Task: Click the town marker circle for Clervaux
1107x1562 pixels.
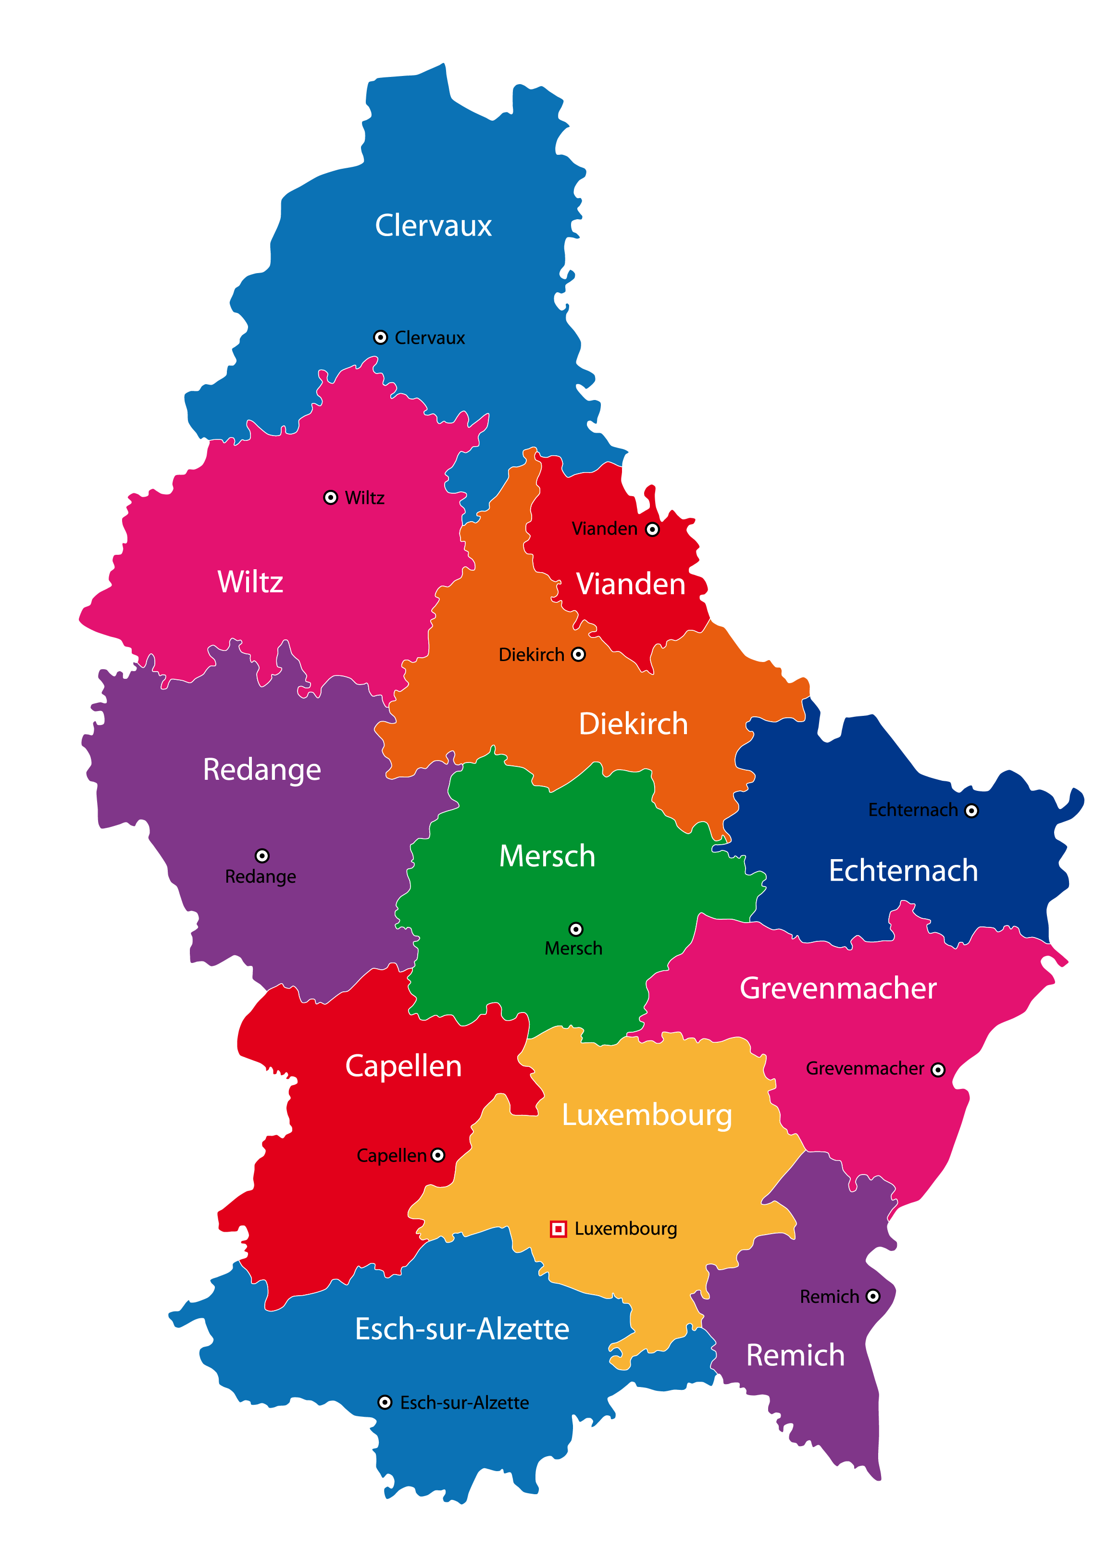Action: pyautogui.click(x=380, y=337)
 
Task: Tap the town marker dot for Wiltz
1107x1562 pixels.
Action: pyautogui.click(x=331, y=498)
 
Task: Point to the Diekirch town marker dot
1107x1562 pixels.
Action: pyautogui.click(x=578, y=654)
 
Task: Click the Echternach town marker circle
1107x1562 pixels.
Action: pyautogui.click(x=971, y=811)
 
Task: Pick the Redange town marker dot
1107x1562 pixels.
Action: pyautogui.click(x=262, y=856)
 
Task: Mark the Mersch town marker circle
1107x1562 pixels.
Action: pyautogui.click(x=576, y=929)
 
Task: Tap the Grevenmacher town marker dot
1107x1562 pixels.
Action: pyautogui.click(x=938, y=1070)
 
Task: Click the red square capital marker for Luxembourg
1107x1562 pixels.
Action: pyautogui.click(x=558, y=1229)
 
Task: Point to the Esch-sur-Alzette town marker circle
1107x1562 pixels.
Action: pyautogui.click(x=385, y=1402)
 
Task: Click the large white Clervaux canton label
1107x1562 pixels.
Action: pyautogui.click(x=434, y=225)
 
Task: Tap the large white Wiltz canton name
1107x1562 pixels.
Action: pyautogui.click(x=250, y=582)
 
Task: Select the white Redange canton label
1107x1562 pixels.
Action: pyautogui.click(x=262, y=770)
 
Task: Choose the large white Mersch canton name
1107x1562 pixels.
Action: pyautogui.click(x=547, y=856)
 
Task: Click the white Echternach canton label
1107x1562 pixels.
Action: pyautogui.click(x=903, y=871)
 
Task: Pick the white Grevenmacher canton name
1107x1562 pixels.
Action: pyautogui.click(x=838, y=988)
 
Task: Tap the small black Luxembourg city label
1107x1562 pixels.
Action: pyautogui.click(x=626, y=1229)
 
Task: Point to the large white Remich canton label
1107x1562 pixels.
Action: pyautogui.click(x=796, y=1355)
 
